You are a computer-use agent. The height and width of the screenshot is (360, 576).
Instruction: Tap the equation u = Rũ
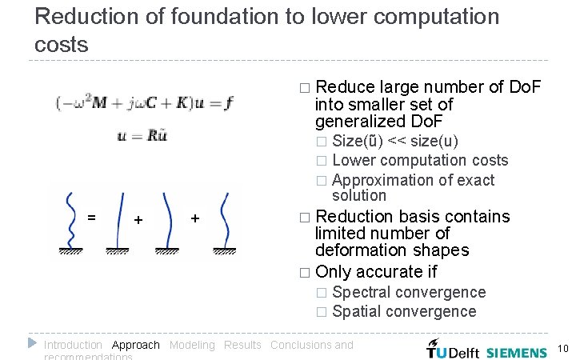143,136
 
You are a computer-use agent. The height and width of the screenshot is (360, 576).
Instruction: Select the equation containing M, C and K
145,102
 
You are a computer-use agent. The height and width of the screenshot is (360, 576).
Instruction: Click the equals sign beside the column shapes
91,217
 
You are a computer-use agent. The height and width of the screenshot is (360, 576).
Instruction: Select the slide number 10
562,349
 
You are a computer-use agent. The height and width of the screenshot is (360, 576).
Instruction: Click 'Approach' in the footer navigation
136,345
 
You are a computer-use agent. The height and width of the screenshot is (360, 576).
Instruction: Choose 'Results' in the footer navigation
242,345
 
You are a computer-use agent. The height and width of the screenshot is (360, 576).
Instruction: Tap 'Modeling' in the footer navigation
192,345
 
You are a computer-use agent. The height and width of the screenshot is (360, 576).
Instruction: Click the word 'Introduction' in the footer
73,345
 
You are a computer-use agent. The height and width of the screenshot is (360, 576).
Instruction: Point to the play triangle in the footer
32,343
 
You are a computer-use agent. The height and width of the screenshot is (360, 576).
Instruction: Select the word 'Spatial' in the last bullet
355,311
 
